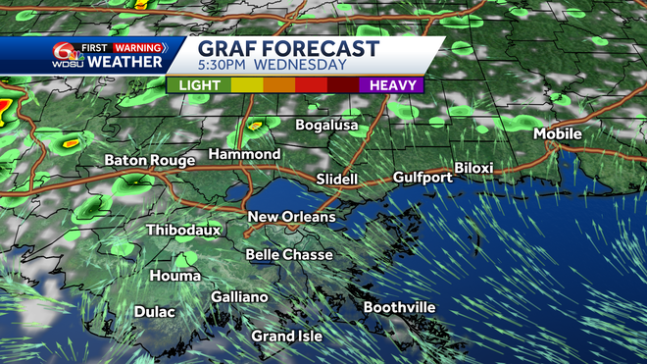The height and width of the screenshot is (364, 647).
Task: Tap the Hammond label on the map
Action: pyautogui.click(x=245, y=154)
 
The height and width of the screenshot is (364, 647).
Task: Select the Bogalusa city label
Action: pyautogui.click(x=328, y=126)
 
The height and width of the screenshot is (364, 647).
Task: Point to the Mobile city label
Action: pyautogui.click(x=558, y=133)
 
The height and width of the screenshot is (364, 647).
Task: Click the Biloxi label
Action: pyautogui.click(x=473, y=168)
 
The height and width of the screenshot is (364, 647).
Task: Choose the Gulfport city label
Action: pyautogui.click(x=423, y=178)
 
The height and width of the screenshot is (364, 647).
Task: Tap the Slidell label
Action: pyautogui.click(x=337, y=180)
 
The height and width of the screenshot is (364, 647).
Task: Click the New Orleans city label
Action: pyautogui.click(x=291, y=217)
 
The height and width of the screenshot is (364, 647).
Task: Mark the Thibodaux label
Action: pyautogui.click(x=183, y=230)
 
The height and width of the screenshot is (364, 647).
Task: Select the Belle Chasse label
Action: pyautogui.click(x=289, y=254)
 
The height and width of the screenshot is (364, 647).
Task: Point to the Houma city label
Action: pyautogui.click(x=174, y=276)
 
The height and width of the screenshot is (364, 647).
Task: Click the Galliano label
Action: pyautogui.click(x=239, y=297)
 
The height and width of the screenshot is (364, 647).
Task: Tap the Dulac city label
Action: pyautogui.click(x=154, y=312)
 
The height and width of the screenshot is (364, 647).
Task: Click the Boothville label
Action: pyautogui.click(x=399, y=308)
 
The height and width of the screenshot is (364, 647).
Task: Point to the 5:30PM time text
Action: pyautogui.click(x=227, y=66)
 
